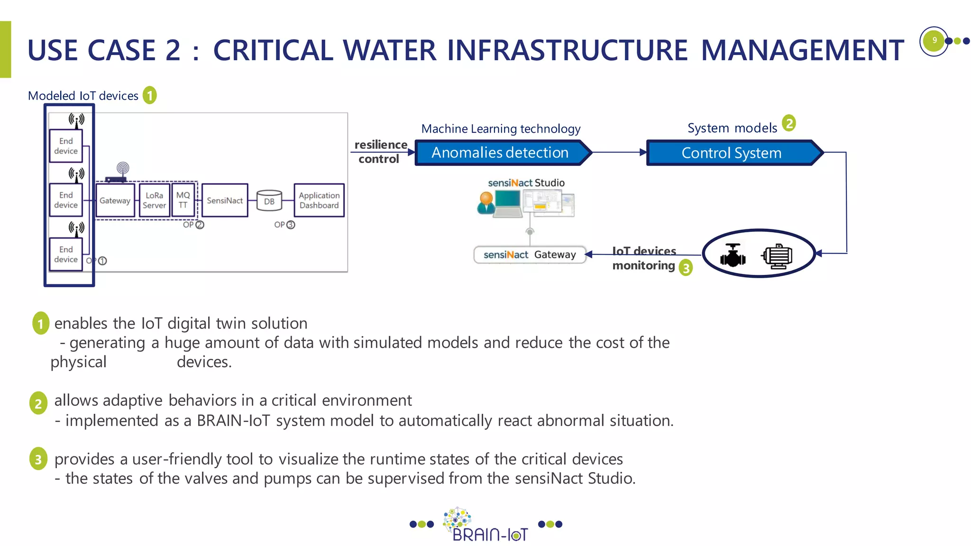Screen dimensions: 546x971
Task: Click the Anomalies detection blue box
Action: (500, 153)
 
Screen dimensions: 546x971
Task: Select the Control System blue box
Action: (732, 153)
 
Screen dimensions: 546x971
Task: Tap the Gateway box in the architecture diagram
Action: (115, 200)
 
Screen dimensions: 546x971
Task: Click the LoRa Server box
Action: (154, 200)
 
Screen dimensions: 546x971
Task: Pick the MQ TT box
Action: (183, 200)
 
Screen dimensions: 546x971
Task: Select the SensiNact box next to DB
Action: (225, 200)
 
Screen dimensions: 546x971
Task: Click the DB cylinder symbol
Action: (269, 201)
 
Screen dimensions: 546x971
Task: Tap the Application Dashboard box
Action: (319, 200)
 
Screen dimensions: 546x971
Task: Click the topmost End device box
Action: (66, 146)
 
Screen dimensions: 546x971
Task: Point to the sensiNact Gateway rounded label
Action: (530, 255)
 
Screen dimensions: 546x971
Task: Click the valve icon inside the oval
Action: (733, 255)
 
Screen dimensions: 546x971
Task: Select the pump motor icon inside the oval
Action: (777, 256)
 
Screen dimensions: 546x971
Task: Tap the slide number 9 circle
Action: (934, 40)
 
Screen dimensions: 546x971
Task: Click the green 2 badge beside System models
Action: (788, 123)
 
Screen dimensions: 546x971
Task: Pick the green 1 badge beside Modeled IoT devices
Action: (150, 96)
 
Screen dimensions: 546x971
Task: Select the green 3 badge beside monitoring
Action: (686, 268)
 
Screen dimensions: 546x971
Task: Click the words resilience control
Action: (380, 152)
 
